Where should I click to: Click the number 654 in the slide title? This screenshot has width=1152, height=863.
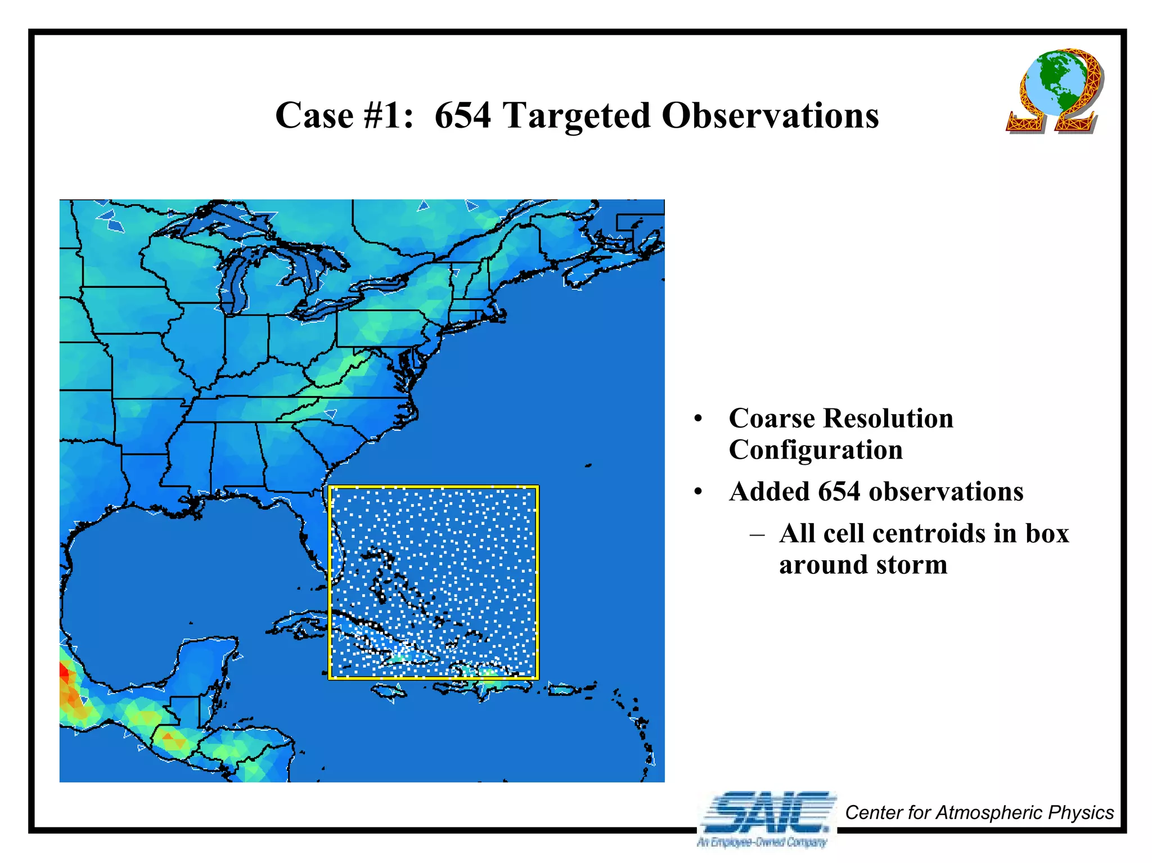(x=462, y=116)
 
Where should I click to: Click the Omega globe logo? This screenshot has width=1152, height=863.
(x=1054, y=91)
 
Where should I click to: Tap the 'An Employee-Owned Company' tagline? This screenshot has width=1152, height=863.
(x=762, y=842)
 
